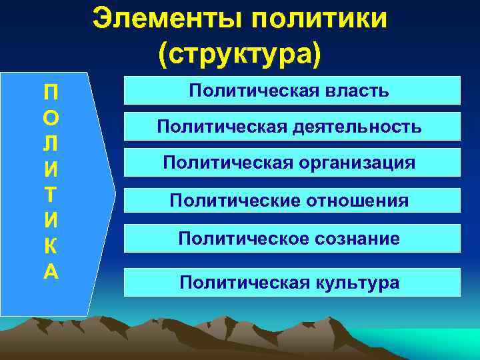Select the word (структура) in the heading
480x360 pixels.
pos(239,54)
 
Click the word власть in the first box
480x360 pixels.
pos(357,90)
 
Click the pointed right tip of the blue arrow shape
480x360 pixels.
pos(115,193)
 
